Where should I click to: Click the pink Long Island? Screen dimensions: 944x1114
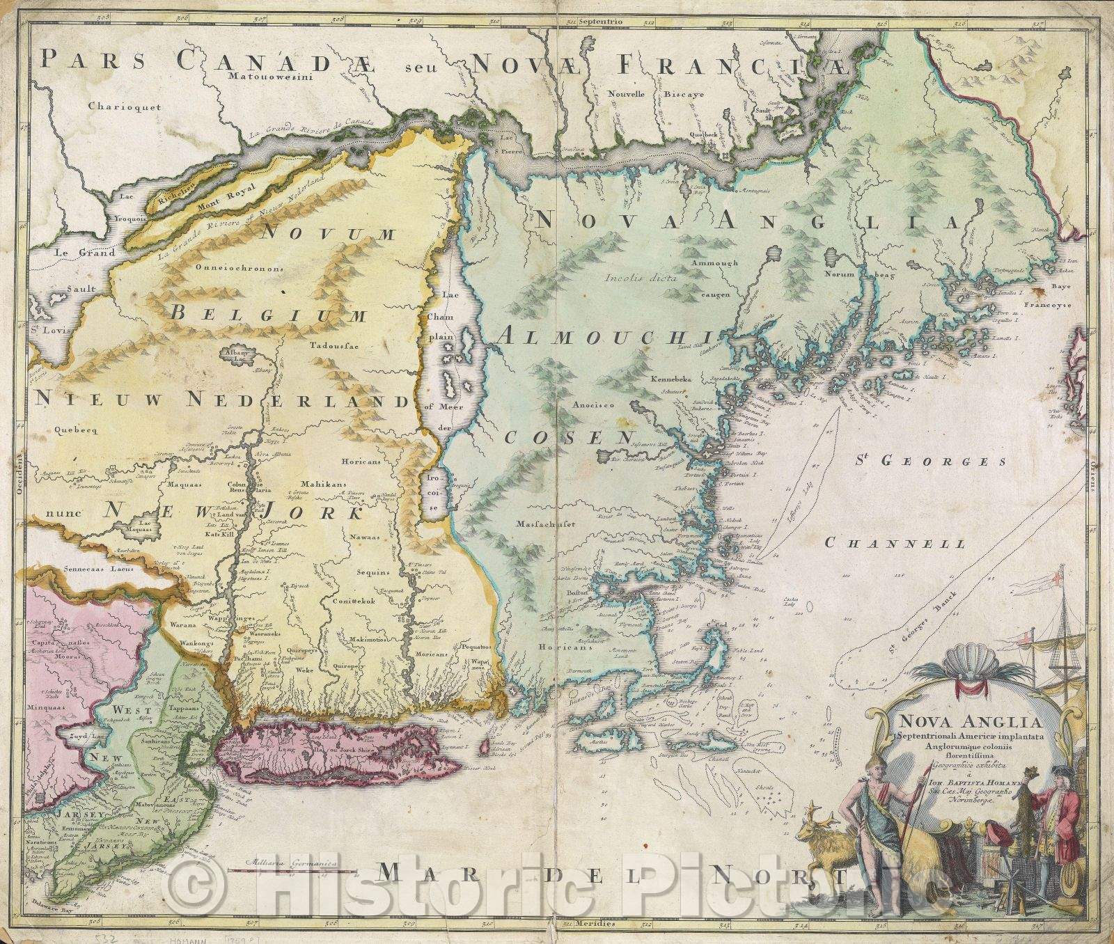point(334,764)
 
